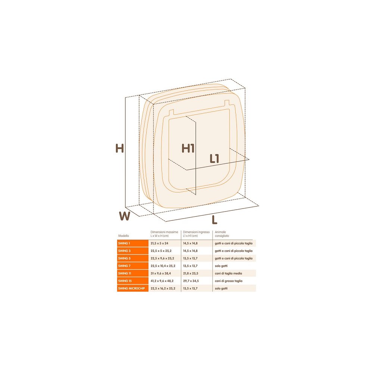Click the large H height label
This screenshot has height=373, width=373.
pos(120,148)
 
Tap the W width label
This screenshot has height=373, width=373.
pos(125,216)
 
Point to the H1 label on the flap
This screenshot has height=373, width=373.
pos(188,148)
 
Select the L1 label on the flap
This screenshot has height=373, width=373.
pos(214,159)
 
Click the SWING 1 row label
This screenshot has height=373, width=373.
pos(124,243)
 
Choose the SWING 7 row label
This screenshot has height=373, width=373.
pos(125,266)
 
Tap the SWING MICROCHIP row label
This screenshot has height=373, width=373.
pos(132,288)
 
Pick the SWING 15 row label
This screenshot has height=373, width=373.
pos(125,281)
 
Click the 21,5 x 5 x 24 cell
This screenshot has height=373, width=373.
pos(159,243)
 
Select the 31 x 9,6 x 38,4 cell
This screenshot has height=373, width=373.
pos(161,273)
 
